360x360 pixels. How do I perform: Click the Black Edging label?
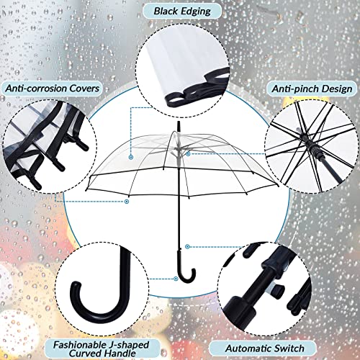pyautogui.click(x=179, y=11)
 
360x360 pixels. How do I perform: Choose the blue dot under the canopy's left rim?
pyautogui.click(x=131, y=156)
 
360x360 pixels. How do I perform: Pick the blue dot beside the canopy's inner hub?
pyautogui.click(x=188, y=153)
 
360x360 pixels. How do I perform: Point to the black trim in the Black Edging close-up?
pyautogui.click(x=173, y=94)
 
